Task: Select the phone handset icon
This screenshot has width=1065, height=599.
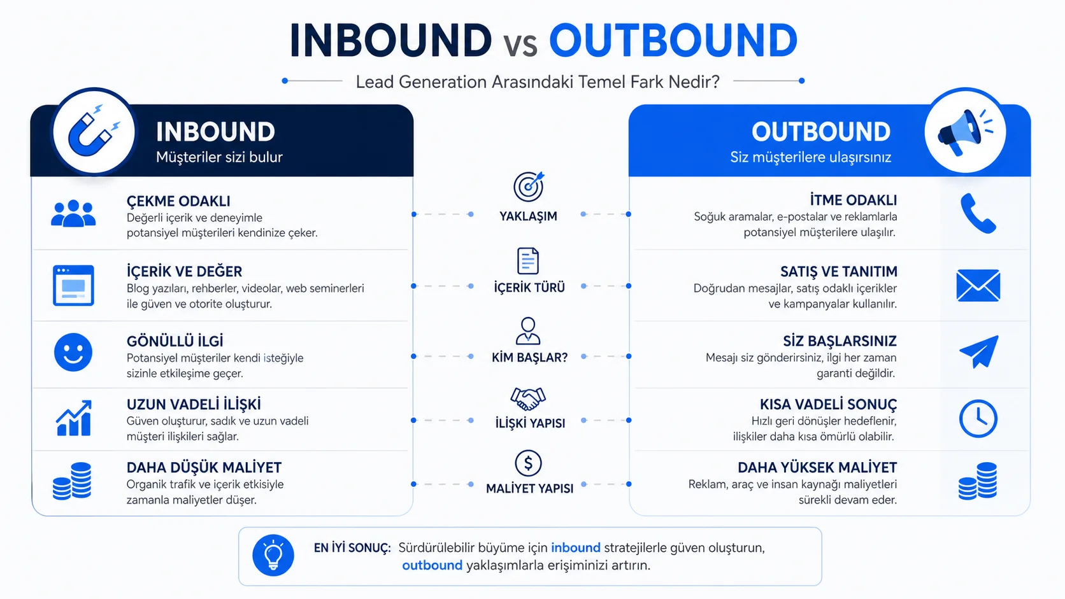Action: point(978,213)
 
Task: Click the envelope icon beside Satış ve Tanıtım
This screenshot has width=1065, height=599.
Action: point(978,285)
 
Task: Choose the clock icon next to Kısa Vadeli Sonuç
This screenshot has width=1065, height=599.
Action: point(978,418)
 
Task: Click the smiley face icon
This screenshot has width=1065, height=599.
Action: point(73,352)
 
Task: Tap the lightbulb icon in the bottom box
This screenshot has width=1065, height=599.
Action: point(273,555)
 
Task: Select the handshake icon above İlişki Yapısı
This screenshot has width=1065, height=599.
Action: point(528,398)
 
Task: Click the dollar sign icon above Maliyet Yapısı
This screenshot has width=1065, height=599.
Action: point(528,463)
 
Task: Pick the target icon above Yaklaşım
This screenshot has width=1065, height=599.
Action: point(528,187)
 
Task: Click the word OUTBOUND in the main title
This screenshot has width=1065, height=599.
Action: point(673,40)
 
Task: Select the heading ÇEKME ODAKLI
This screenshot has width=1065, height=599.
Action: point(178,201)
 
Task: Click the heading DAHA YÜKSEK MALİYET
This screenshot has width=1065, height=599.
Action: point(817,467)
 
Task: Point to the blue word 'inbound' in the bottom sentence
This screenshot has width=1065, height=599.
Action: point(576,547)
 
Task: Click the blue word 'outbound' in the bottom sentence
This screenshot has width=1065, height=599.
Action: point(432,565)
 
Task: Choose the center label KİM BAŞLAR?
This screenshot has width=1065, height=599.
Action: point(530,358)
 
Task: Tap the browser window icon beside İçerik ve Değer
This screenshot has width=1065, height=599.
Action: point(73,285)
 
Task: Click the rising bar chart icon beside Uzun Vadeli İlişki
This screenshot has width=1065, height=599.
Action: point(74,418)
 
